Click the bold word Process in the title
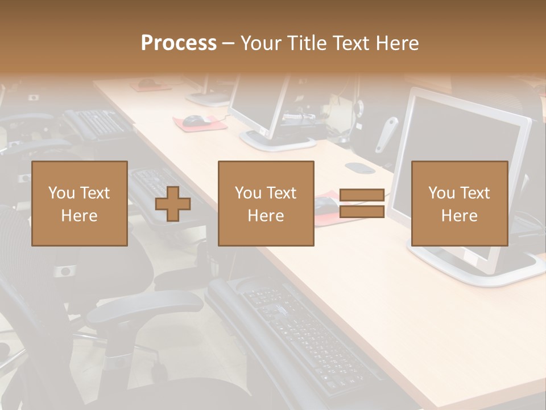coord(179,43)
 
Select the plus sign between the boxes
coord(173,204)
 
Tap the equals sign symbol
coord(362,203)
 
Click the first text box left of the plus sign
coord(79,203)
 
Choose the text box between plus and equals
coord(266,203)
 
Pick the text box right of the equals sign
coord(459,203)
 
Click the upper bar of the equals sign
coord(362,195)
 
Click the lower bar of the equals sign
coord(362,212)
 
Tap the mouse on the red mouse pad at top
coord(195,120)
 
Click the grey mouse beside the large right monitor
coord(359,168)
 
